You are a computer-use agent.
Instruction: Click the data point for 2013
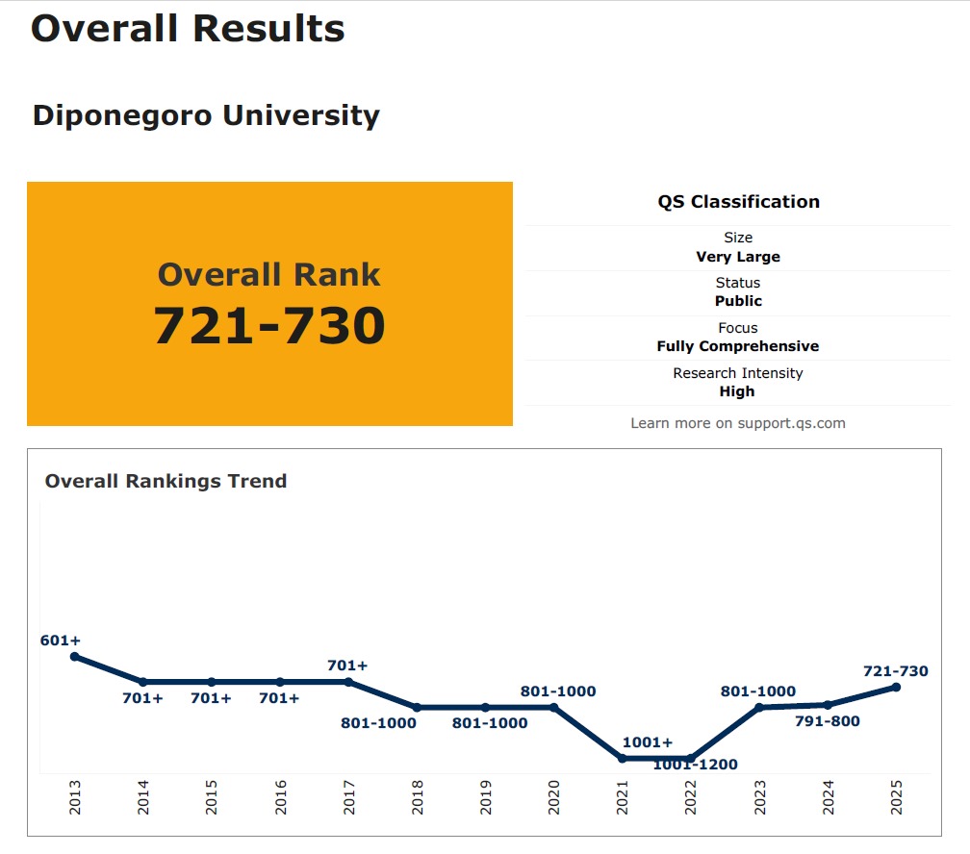coord(74,657)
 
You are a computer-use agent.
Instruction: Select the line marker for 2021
coord(622,759)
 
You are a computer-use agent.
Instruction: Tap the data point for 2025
coord(896,687)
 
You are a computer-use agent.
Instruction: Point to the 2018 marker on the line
coord(417,708)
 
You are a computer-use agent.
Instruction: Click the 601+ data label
coord(61,640)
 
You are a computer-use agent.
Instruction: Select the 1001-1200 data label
coord(695,765)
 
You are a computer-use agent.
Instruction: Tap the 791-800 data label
coord(828,721)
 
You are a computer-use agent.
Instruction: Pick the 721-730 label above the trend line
coord(896,671)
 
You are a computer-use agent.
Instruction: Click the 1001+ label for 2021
coord(648,742)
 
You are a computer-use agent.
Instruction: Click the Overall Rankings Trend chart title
coord(166,481)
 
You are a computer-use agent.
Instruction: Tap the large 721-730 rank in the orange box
coord(269,326)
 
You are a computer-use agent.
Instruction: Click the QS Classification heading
coord(738,202)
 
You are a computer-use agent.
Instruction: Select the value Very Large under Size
coord(738,257)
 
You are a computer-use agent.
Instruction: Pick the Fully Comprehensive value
coord(738,346)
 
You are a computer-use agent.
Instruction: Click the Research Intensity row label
coord(738,373)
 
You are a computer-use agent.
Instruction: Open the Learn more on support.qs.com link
coord(738,423)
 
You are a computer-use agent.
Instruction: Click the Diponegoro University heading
coord(206,115)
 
